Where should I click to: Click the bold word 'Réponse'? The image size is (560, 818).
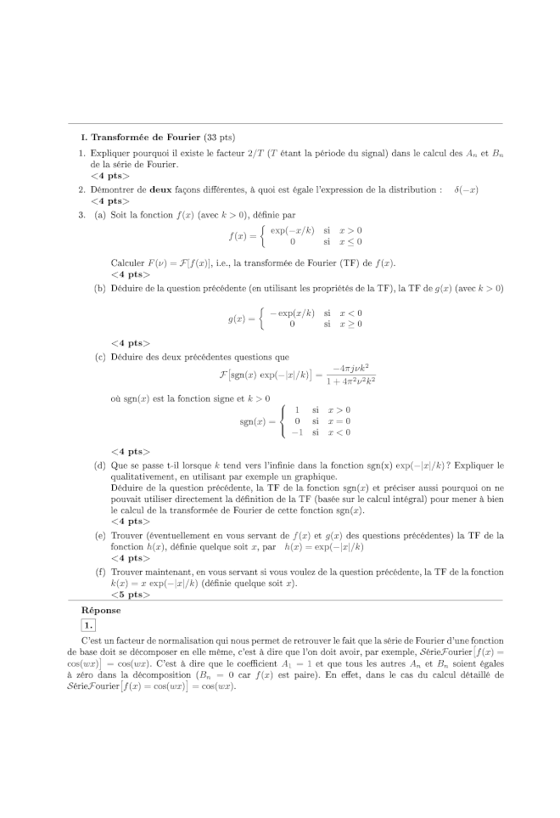point(101,610)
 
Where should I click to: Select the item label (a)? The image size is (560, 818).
point(100,215)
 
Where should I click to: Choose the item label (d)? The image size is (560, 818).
point(100,465)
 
